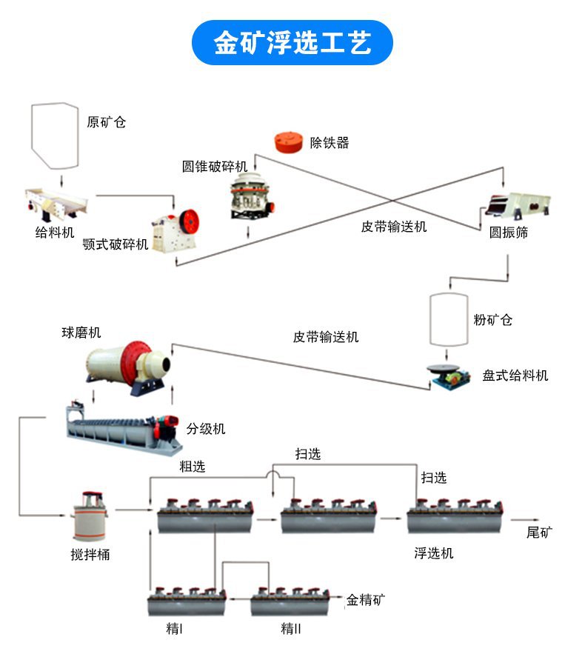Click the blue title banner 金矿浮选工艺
[292, 43]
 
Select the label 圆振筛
[509, 232]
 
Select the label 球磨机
[81, 333]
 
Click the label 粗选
[192, 467]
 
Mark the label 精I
[175, 629]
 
